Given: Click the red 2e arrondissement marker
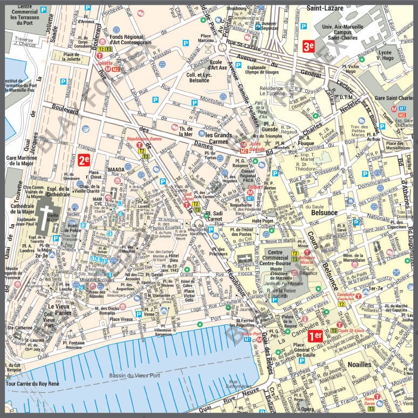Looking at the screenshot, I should tap(84, 159).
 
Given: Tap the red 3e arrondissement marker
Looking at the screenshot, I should tap(309, 46).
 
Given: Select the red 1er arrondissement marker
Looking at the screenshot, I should tap(315, 336).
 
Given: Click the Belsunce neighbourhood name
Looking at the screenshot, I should tap(324, 213).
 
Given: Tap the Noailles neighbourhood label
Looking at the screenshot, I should tap(359, 364).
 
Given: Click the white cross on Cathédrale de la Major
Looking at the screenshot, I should tap(49, 212).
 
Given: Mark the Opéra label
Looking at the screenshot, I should tap(308, 409).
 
